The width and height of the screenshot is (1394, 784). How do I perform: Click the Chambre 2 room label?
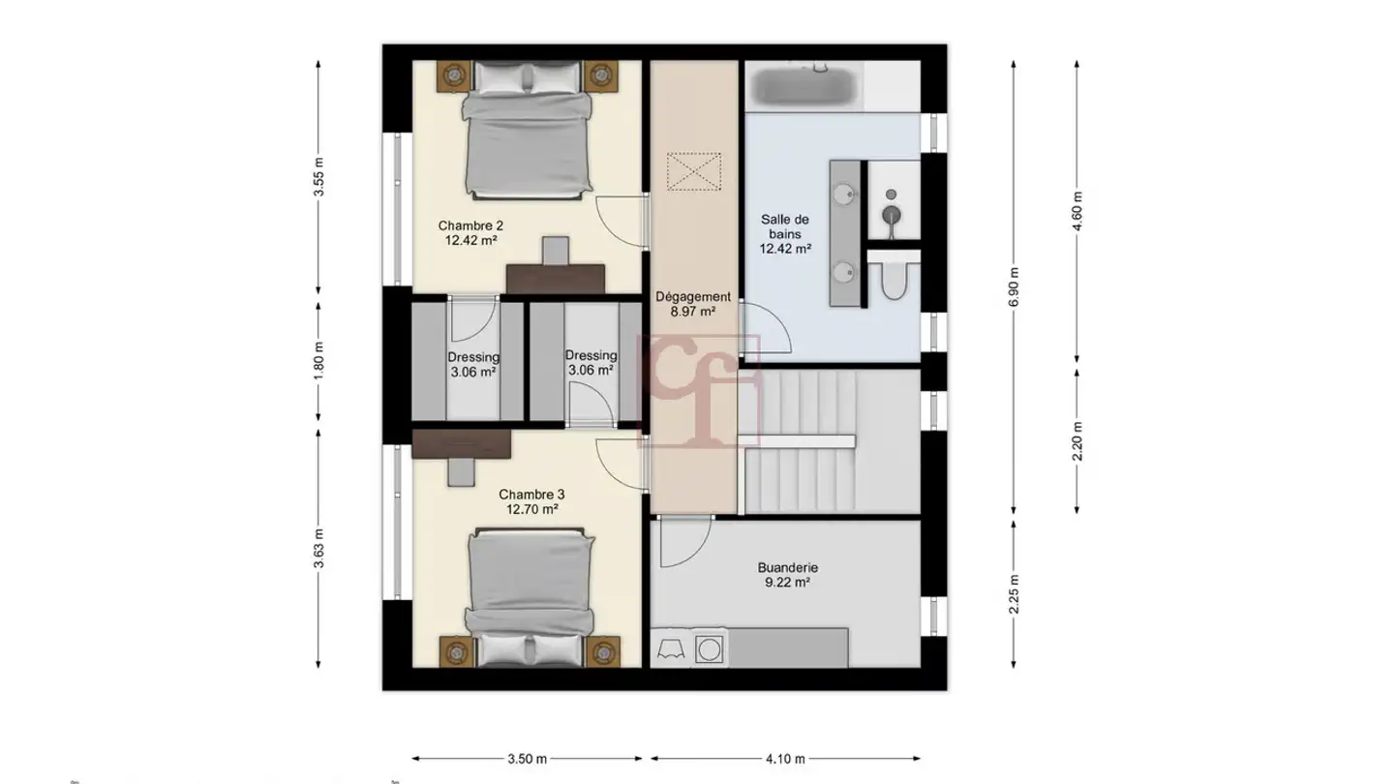tap(470, 232)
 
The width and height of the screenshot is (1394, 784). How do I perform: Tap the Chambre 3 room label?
tap(531, 501)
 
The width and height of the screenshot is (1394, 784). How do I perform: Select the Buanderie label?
tap(787, 575)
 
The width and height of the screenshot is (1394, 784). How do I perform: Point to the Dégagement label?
tap(693, 304)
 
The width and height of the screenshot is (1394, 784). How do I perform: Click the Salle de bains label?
tap(785, 234)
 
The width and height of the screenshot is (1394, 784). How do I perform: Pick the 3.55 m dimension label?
tap(318, 177)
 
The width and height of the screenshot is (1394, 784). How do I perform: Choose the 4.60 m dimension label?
tap(1077, 211)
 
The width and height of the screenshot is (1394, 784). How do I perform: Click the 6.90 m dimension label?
tap(1014, 286)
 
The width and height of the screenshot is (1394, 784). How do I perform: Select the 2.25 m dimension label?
tap(1014, 594)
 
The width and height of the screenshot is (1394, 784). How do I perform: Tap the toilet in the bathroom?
tap(894, 279)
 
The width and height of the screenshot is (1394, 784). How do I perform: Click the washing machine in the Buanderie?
tap(709, 649)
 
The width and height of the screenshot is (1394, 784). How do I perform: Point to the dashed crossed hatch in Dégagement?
tap(694, 171)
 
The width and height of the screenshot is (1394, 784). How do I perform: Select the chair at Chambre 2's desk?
tap(555, 251)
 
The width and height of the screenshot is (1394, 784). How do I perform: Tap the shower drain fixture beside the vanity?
tap(892, 215)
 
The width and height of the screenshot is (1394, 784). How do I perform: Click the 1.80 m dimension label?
tap(318, 361)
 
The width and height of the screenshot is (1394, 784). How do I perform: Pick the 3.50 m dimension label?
tap(527, 759)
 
